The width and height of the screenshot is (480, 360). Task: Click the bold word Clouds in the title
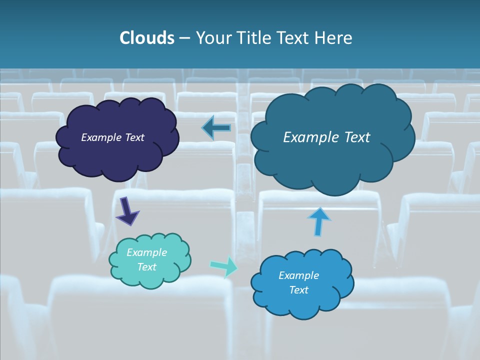click(x=147, y=38)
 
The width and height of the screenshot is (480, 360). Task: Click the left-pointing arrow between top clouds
click(x=217, y=128)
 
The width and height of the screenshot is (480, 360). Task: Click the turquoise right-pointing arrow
click(x=224, y=266)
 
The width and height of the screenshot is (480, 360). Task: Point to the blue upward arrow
click(x=318, y=221)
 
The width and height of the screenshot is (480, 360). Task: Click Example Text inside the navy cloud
click(x=112, y=137)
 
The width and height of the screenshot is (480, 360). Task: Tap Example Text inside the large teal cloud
click(x=326, y=137)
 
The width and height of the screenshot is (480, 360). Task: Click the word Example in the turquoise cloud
click(x=146, y=252)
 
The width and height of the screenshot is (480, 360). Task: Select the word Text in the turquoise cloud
click(x=146, y=267)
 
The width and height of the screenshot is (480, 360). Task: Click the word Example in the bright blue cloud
click(x=298, y=275)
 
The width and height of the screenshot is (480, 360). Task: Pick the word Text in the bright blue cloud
click(x=298, y=290)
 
